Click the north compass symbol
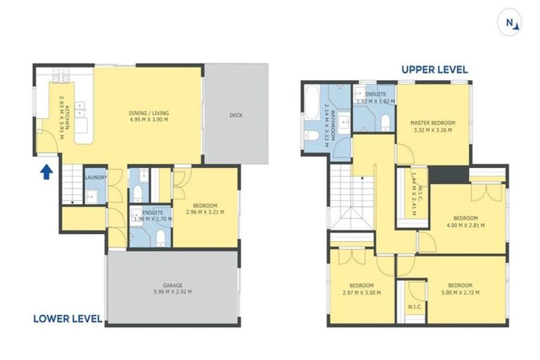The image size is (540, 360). coord(511,22)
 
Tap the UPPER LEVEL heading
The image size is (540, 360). coord(434,70)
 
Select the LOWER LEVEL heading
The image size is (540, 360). coord(67,319)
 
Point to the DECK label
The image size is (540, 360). coord(236,116)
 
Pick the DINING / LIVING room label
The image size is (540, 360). coord(148,116)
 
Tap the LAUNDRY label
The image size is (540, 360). coord(95,178)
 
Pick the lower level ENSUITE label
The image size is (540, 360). coord(153,212)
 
